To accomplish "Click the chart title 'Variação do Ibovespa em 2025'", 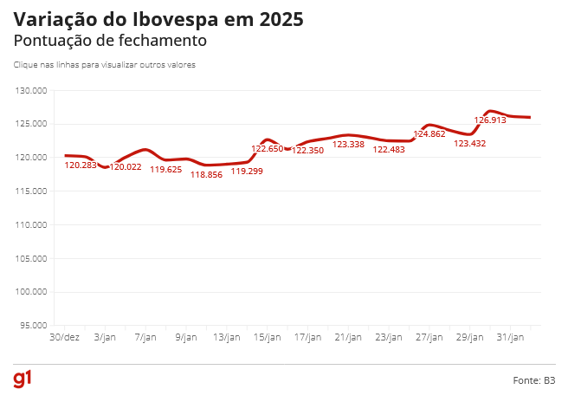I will coord(158,19).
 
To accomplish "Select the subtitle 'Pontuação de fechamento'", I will coord(109,41).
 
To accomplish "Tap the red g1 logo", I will coord(23,379).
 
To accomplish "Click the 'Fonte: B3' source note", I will coord(533,380).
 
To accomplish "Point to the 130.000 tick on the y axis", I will coord(31,90).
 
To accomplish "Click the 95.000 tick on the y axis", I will coord(33,326).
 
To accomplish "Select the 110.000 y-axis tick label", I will coord(31,224).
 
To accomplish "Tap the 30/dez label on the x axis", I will coord(65,337).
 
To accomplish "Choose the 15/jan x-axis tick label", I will coord(268,337).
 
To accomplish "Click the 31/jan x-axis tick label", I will coord(510,337).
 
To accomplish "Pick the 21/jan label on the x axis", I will coord(348,337).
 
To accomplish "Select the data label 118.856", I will coord(206,174).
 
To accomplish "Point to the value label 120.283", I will coord(81,165).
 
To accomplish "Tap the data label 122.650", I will coord(268,149).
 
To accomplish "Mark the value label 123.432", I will coord(470,144).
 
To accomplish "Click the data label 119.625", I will coord(165,170).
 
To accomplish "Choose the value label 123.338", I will coord(348,145).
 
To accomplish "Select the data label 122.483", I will coord(389,150).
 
